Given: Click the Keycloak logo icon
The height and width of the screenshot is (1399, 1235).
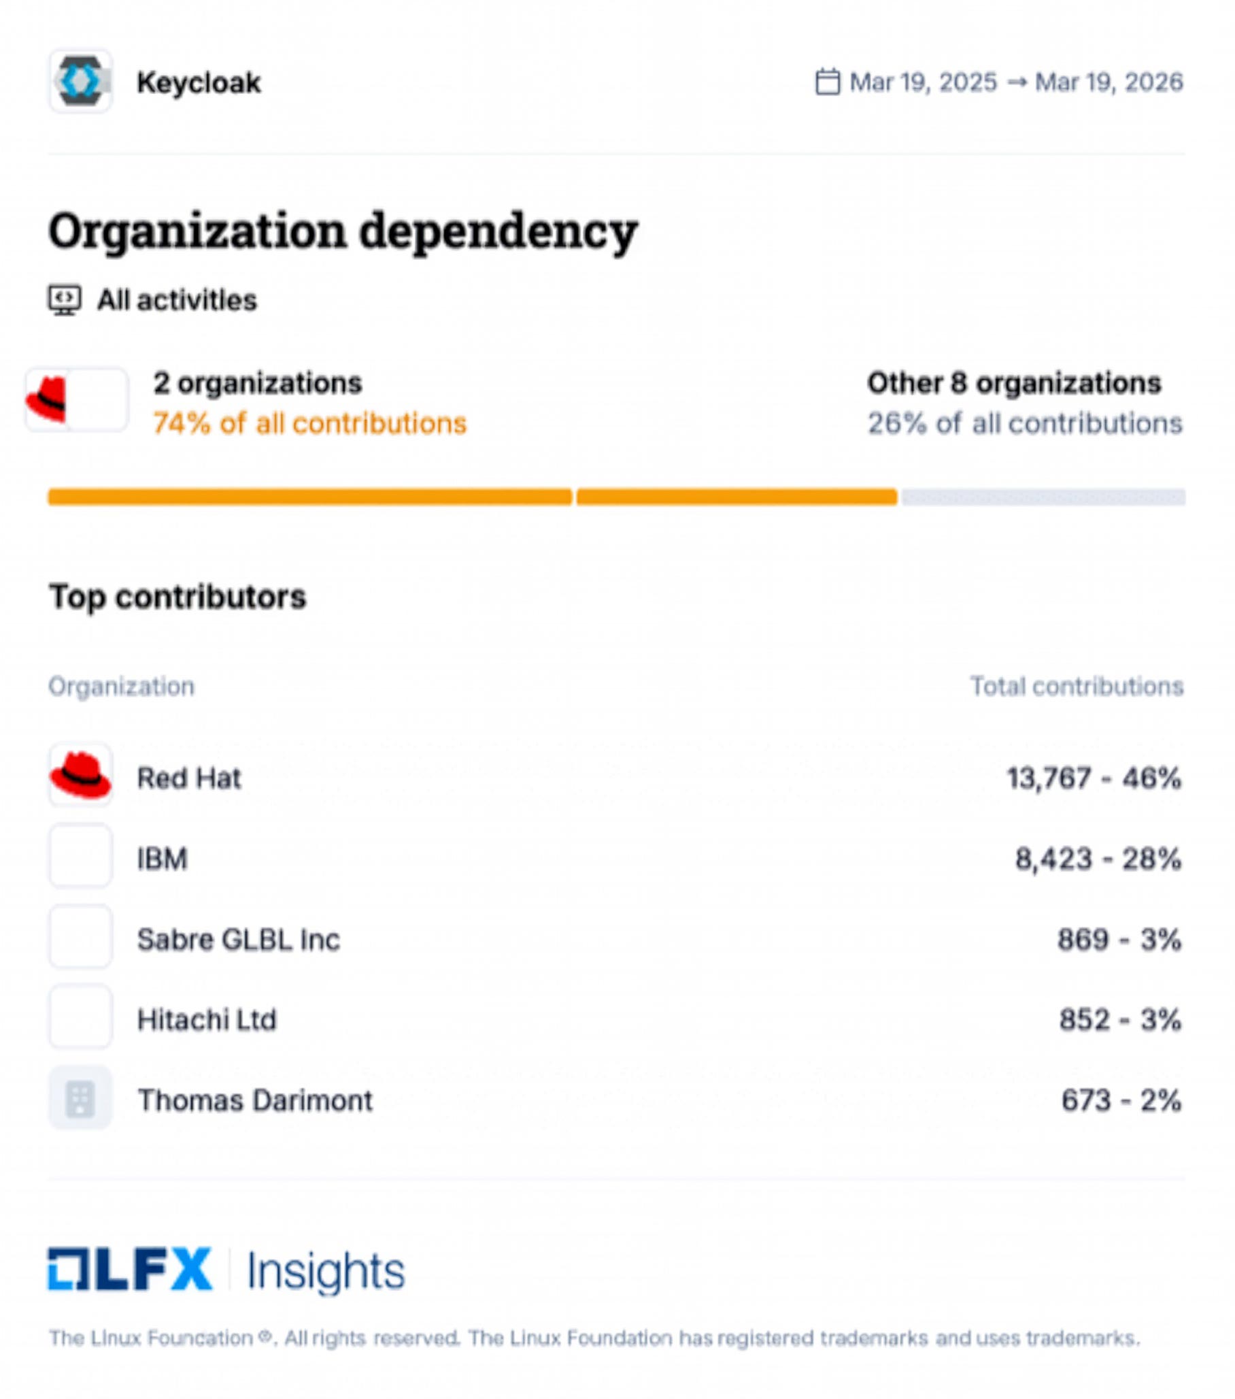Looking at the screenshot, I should pos(80,81).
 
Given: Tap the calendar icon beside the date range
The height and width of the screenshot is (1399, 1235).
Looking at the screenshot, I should pos(827,82).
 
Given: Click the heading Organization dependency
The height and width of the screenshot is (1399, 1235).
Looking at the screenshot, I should pos(343,231).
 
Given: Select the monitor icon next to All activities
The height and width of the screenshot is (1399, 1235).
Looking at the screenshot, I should pos(65,301).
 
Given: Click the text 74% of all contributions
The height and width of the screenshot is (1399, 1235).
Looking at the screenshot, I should pos(309,424).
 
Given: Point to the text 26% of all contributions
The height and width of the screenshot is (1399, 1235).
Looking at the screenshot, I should pos(1024,424).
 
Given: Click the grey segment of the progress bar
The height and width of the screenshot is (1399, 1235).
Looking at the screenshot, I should pos(1043,497).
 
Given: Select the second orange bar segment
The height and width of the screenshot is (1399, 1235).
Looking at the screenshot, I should pos(737,497).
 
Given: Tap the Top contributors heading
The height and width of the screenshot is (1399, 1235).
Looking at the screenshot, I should pos(177,597).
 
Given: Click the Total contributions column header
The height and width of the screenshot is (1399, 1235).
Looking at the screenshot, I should pos(1077,687).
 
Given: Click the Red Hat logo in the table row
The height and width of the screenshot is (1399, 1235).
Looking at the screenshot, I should pos(80,776).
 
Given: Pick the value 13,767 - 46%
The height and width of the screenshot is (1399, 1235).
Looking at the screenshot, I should pos(1094,778).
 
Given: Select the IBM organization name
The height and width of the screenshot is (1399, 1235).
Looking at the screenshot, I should pos(162,859).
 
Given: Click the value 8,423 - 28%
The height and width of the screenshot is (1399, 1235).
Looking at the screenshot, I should pos(1098,859).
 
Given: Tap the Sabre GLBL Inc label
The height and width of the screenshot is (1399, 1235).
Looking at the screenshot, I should pos(238,940).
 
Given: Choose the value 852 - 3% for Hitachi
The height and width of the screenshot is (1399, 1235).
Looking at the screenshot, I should pos(1119,1020).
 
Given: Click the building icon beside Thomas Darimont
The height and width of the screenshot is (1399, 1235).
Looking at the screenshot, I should pos(80,1098).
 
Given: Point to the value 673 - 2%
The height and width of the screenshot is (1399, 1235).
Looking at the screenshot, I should pos(1120,1100).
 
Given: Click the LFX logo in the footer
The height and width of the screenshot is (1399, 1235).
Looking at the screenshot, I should pos(130,1270).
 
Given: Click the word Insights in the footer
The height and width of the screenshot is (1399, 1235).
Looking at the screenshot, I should pos(326,1271).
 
